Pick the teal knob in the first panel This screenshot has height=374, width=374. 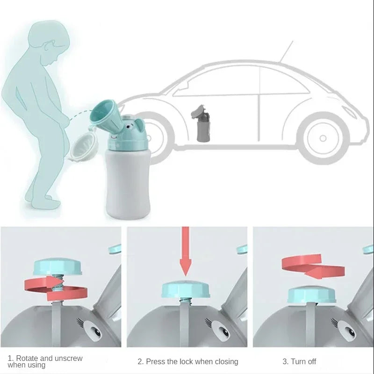[x=58, y=266]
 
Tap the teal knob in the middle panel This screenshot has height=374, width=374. [x=186, y=289]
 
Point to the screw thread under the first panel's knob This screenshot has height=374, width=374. [x=57, y=283]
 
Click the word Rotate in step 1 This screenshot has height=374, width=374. [x=28, y=359]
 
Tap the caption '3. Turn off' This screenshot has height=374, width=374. [x=299, y=361]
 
